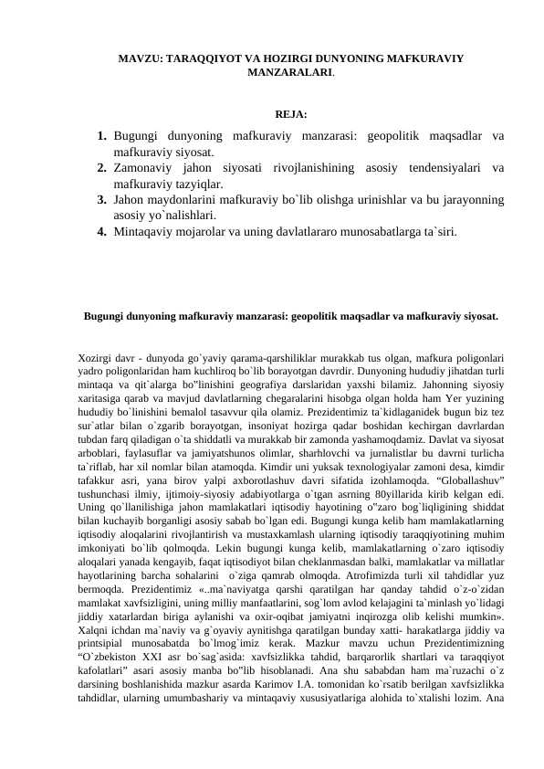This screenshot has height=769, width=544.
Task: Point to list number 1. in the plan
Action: point(103,136)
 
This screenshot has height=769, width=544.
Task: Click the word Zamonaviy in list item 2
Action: point(143,168)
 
